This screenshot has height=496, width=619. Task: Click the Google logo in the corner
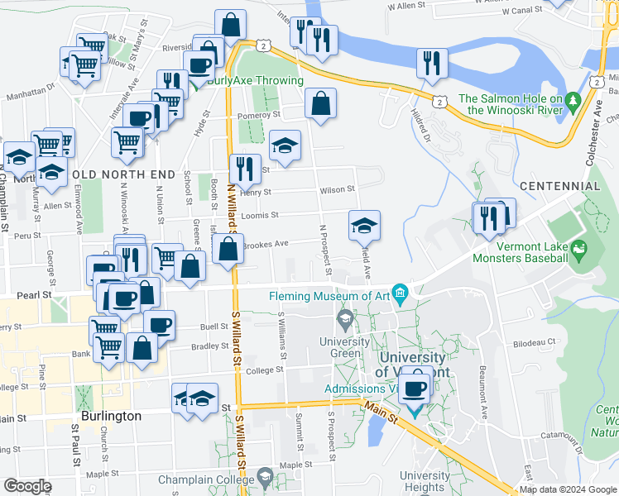pos(27,486)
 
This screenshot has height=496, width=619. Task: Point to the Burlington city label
pos(111,416)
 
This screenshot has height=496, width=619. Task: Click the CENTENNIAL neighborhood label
pos(560,186)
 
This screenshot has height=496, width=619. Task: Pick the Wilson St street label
pos(338,188)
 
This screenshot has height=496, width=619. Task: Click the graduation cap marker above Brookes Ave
pos(364,225)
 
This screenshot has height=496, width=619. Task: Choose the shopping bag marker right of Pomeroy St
pos(319,104)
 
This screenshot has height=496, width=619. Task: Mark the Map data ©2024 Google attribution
pos(568,489)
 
